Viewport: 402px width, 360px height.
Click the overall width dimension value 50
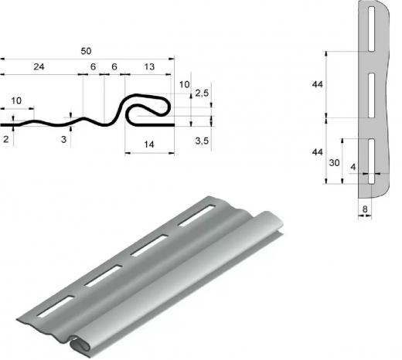(x=86, y=51)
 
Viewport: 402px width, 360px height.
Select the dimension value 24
(x=39, y=66)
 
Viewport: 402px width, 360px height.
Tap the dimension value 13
(x=149, y=66)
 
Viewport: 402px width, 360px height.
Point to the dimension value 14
(x=149, y=144)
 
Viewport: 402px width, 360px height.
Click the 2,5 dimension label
(x=202, y=93)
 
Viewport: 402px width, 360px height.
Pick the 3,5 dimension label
(x=202, y=141)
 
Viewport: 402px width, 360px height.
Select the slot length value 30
(x=334, y=163)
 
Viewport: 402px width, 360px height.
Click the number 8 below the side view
(x=365, y=209)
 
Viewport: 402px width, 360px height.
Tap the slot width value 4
(x=353, y=167)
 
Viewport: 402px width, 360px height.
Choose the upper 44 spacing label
(x=317, y=84)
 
